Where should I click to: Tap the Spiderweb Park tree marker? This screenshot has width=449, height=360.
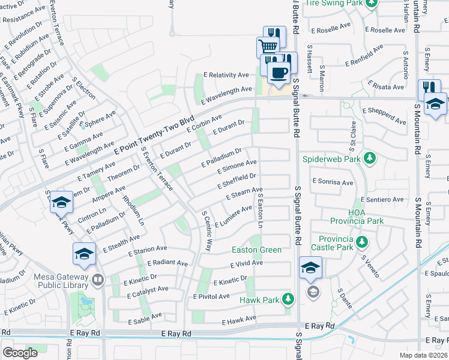click(370, 158)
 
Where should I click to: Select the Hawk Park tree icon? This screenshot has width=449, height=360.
click(289, 298)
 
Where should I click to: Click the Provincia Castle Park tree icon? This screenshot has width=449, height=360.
click(361, 241)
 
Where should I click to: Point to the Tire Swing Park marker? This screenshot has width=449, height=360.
click(372, 3)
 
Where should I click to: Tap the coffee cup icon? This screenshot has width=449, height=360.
click(277, 73)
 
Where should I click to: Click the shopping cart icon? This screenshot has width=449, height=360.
click(268, 46)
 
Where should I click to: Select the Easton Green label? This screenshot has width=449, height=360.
click(257, 250)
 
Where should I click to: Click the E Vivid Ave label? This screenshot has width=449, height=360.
click(247, 263)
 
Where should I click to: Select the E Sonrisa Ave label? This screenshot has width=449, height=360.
click(333, 181)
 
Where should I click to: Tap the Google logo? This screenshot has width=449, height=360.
click(20, 353)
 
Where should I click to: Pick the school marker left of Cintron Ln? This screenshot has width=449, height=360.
click(61, 203)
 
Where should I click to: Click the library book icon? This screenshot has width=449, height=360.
click(97, 279)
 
